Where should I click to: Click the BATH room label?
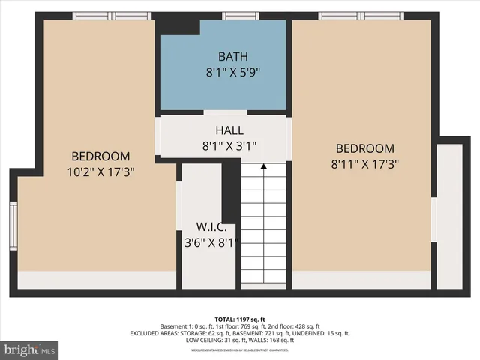223,56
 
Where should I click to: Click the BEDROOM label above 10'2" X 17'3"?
100,157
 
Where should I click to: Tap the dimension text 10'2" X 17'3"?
100,172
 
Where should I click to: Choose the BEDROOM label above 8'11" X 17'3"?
364,148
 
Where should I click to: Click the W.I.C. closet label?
208,227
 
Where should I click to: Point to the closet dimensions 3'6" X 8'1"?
209,243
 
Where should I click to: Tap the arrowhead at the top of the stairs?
263,168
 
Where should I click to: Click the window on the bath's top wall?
241,16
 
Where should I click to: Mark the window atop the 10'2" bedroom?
111,16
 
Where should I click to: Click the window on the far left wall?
13,225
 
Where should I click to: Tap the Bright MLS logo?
30,349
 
